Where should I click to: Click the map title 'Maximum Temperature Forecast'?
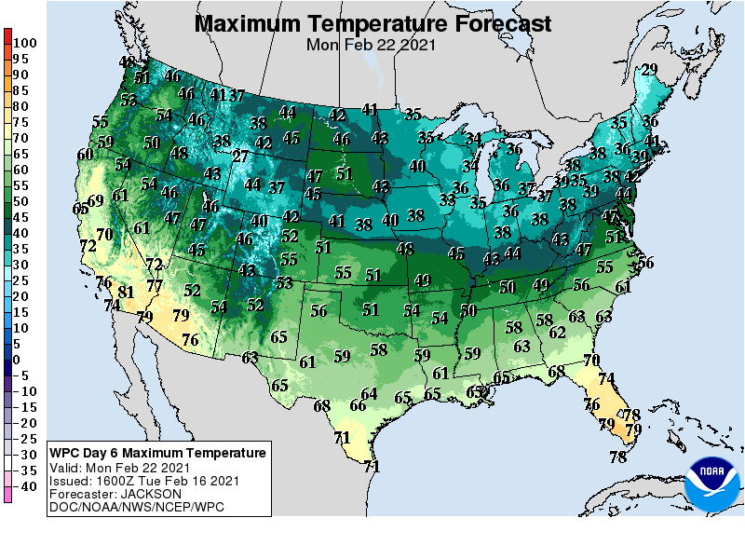click(372, 23)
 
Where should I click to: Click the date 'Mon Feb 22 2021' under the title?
click(372, 44)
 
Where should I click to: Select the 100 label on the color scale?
click(25, 43)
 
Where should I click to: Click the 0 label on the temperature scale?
click(17, 360)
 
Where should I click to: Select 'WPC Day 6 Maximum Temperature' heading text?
click(157, 453)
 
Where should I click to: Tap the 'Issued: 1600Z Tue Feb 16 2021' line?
click(143, 481)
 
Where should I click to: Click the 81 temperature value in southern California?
click(126, 293)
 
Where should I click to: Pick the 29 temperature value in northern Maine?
click(649, 69)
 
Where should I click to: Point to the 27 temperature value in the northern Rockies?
click(240, 157)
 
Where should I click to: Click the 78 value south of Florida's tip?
click(617, 457)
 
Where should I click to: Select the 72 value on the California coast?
click(88, 246)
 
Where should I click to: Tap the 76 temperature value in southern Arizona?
click(190, 340)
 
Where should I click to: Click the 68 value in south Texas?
click(322, 406)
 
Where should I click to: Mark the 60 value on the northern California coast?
click(85, 155)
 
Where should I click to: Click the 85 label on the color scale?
click(20, 90)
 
